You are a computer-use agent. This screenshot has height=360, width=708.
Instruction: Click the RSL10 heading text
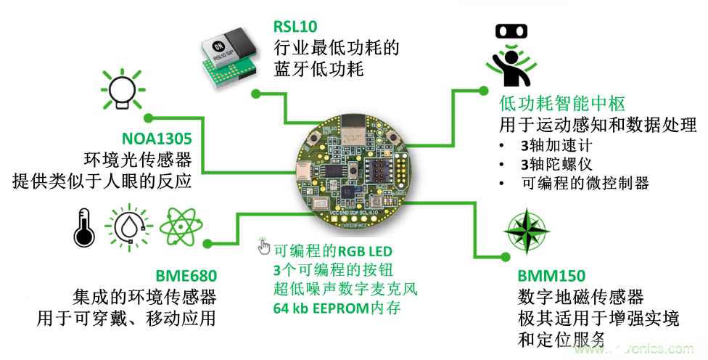(x=295, y=26)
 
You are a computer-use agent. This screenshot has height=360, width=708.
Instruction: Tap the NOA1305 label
(x=157, y=139)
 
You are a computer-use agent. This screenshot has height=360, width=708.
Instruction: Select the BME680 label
(x=186, y=276)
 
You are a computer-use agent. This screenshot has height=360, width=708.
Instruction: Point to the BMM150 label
(x=551, y=276)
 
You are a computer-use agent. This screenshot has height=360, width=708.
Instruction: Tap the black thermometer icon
(x=84, y=227)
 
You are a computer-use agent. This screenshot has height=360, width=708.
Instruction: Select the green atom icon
(x=181, y=226)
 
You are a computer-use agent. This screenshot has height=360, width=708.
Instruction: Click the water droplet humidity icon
(x=129, y=227)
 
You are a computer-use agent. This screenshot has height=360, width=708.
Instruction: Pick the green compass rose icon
(x=526, y=230)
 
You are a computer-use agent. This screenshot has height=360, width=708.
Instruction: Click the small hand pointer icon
(x=263, y=246)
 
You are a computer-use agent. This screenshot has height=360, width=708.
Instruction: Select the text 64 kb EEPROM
(x=321, y=308)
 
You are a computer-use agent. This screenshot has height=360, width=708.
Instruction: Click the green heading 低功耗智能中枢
(x=562, y=104)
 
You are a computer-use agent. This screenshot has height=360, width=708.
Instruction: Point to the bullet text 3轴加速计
(x=556, y=145)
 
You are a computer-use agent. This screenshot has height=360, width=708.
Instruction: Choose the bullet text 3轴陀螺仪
(x=556, y=164)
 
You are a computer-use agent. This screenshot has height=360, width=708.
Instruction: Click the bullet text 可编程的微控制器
(x=585, y=183)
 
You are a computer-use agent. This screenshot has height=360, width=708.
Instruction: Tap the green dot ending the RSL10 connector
(x=256, y=94)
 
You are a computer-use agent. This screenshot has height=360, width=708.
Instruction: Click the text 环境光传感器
(x=138, y=160)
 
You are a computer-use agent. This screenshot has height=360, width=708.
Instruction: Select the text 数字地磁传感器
(x=580, y=297)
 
